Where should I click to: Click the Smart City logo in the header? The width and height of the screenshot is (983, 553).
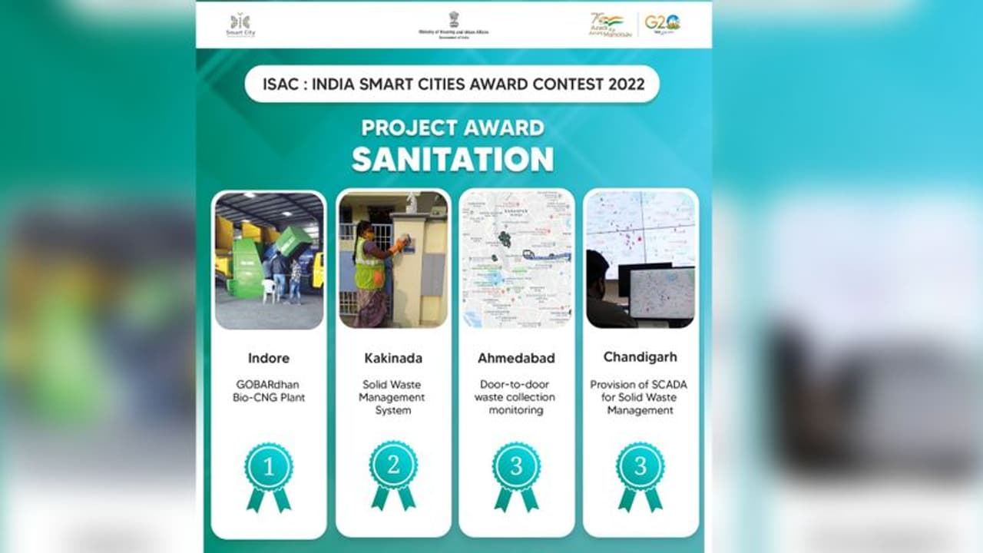point(240,25)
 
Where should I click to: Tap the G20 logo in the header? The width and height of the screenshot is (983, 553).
point(662,24)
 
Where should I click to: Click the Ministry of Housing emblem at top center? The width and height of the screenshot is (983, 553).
point(453,20)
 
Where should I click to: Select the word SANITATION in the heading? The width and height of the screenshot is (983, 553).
point(452,159)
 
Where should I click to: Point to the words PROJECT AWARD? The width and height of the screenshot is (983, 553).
point(452,127)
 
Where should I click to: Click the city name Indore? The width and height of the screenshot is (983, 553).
point(269,358)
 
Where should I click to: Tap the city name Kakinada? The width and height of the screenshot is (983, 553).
point(393,358)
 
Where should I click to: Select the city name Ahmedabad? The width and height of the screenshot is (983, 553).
point(516,358)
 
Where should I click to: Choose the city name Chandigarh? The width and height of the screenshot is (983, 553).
point(640,357)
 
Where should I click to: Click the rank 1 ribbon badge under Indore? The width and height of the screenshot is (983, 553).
point(269,475)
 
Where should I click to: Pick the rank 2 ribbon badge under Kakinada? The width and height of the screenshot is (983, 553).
point(393,475)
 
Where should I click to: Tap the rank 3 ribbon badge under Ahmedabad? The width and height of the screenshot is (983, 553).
point(516,475)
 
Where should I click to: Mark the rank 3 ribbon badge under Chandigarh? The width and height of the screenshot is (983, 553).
point(640,475)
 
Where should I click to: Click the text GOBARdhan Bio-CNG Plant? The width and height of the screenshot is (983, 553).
point(269,391)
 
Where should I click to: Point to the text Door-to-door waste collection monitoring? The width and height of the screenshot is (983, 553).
point(516,397)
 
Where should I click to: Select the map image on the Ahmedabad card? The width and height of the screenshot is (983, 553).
point(516,259)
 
